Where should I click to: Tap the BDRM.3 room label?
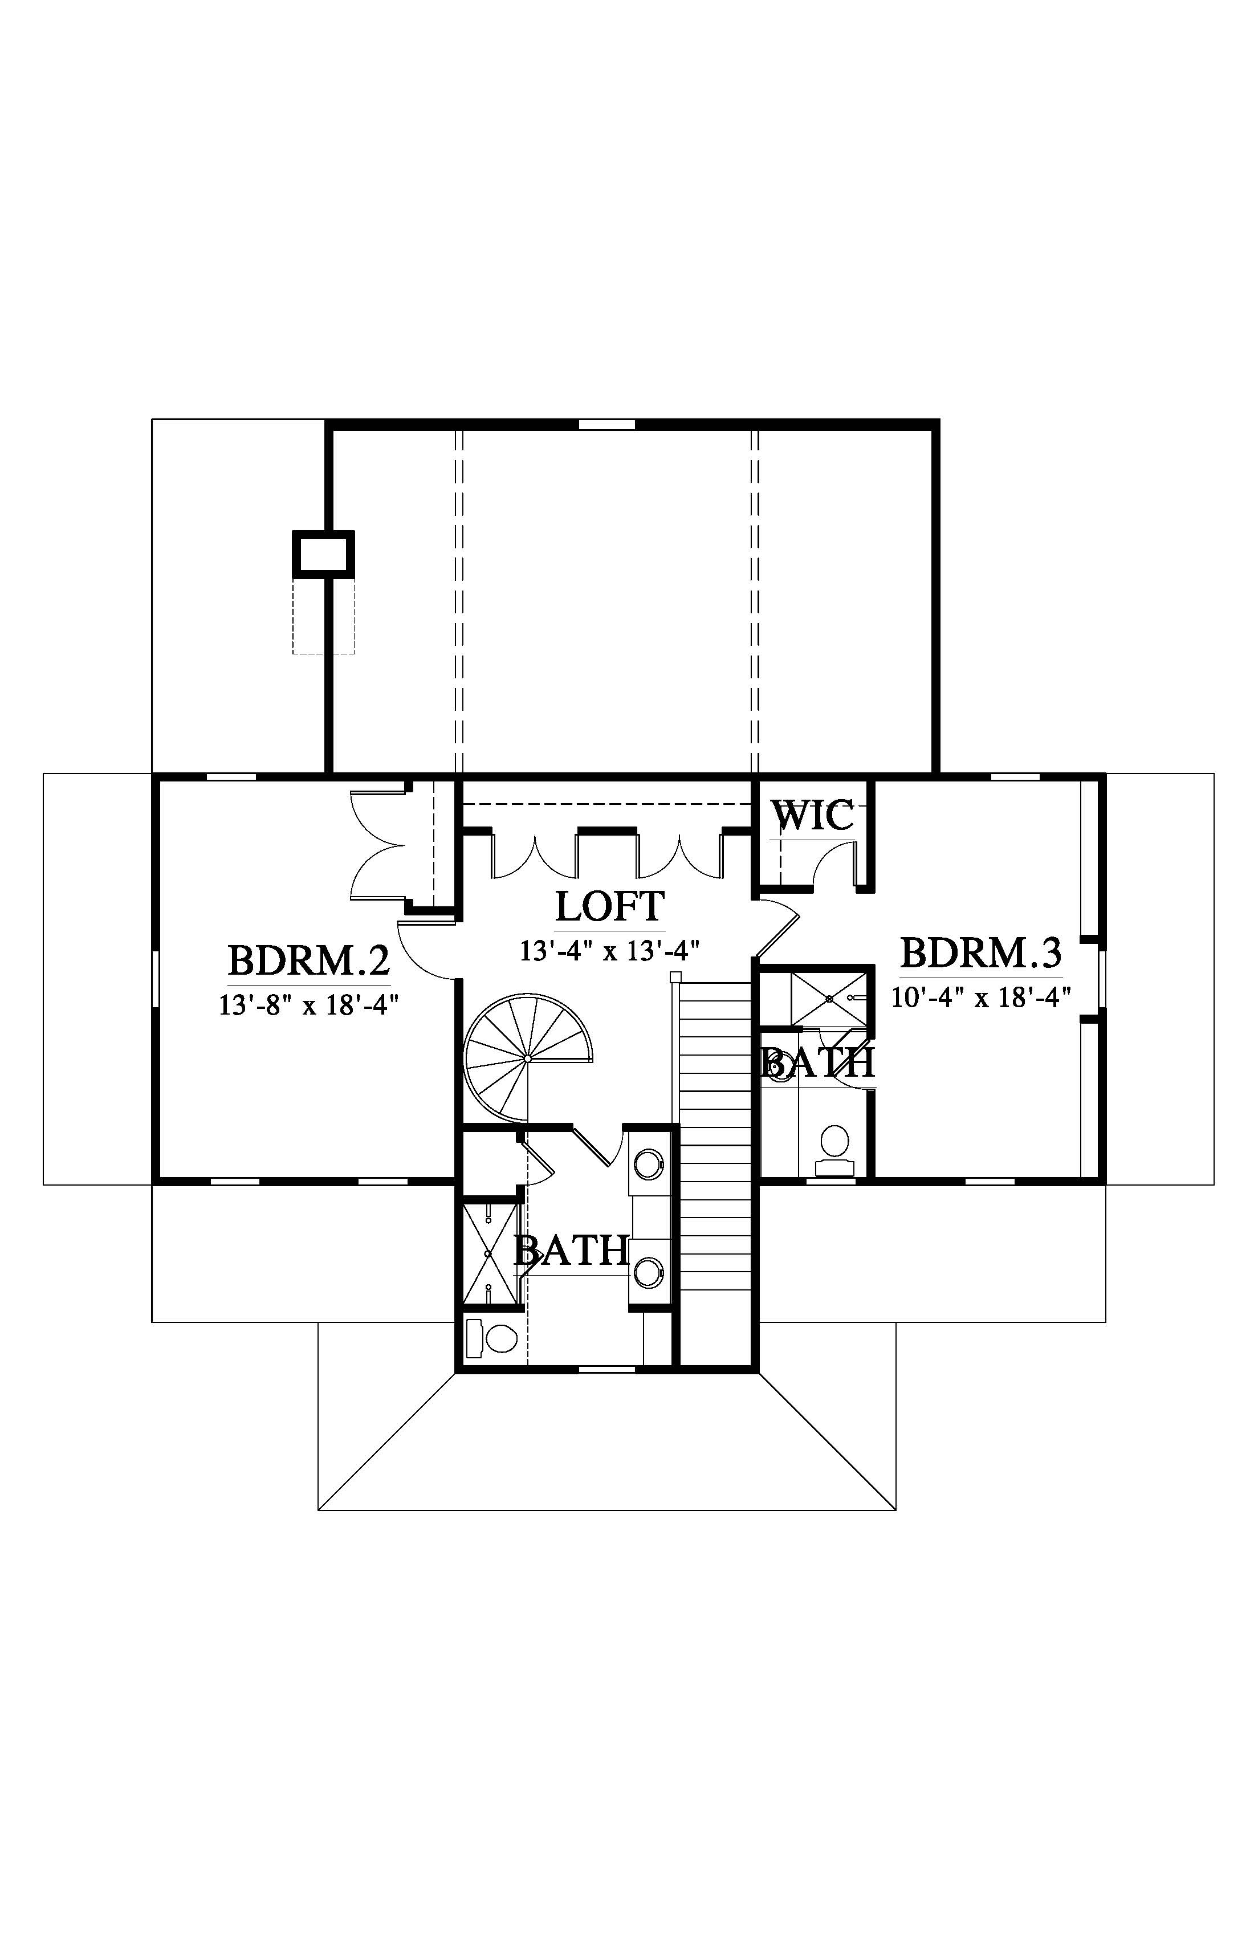coord(981,952)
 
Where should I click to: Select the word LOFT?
coord(610,906)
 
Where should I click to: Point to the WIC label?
coord(813,815)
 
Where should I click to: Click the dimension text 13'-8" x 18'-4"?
coord(308,1005)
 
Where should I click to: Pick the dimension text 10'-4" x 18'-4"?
coord(980,997)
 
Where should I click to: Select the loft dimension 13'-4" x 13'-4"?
coord(610,950)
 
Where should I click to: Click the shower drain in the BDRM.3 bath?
coord(829,997)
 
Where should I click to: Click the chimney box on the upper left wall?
coord(323,555)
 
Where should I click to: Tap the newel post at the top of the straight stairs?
coord(675,977)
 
